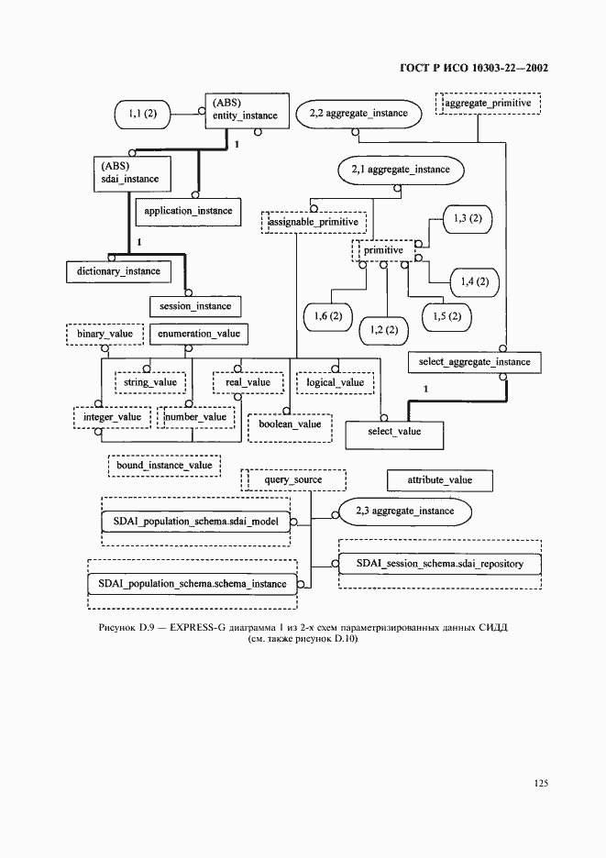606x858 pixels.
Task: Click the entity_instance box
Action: (x=247, y=111)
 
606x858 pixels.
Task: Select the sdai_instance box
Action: (x=132, y=173)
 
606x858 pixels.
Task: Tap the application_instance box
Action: (x=188, y=211)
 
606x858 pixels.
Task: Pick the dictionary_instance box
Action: (x=118, y=271)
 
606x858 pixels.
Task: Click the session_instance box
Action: (x=195, y=306)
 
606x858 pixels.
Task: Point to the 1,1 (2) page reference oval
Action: (x=142, y=114)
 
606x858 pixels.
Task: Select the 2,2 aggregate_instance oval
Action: (x=358, y=114)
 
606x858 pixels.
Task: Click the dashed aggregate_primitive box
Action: (x=488, y=104)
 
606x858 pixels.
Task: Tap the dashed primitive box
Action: (x=383, y=250)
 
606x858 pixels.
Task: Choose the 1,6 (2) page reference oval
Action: (x=328, y=316)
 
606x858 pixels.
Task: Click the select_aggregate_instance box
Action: (x=475, y=362)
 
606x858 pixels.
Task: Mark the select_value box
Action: (x=394, y=434)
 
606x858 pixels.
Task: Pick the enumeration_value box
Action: (x=199, y=334)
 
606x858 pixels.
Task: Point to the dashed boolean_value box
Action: (x=290, y=427)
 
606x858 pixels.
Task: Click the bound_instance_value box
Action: (x=164, y=466)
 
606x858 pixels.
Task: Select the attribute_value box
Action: (x=439, y=480)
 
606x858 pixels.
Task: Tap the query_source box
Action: (x=293, y=480)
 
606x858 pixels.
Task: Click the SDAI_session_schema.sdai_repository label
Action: (x=439, y=564)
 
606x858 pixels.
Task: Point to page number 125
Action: (x=541, y=783)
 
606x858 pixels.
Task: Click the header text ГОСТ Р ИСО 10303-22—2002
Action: (x=474, y=68)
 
